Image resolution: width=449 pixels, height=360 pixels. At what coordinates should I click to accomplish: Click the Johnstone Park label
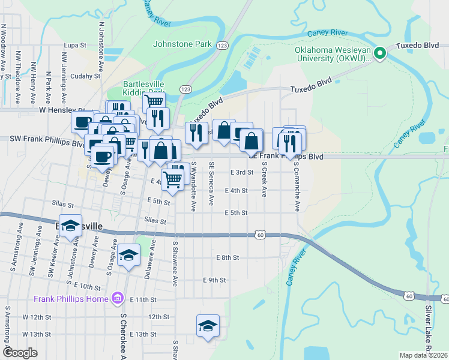(182, 44)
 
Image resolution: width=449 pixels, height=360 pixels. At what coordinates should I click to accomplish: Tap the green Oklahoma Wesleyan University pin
(379, 54)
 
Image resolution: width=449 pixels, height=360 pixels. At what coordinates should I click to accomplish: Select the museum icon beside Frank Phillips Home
(118, 299)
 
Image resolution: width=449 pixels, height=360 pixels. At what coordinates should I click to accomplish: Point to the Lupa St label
(76, 45)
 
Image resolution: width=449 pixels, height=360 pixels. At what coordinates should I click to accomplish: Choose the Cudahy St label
(85, 76)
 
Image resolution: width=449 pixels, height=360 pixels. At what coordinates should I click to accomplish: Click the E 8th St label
(228, 257)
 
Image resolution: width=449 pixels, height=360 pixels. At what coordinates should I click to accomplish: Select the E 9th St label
(214, 280)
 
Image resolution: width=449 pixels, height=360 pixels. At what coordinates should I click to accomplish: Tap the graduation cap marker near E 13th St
(208, 325)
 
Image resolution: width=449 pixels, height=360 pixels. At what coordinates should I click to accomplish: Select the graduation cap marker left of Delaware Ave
(128, 255)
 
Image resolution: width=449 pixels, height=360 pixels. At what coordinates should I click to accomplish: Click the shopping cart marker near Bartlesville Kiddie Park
(154, 101)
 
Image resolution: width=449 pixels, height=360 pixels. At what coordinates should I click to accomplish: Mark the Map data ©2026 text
(423, 355)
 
